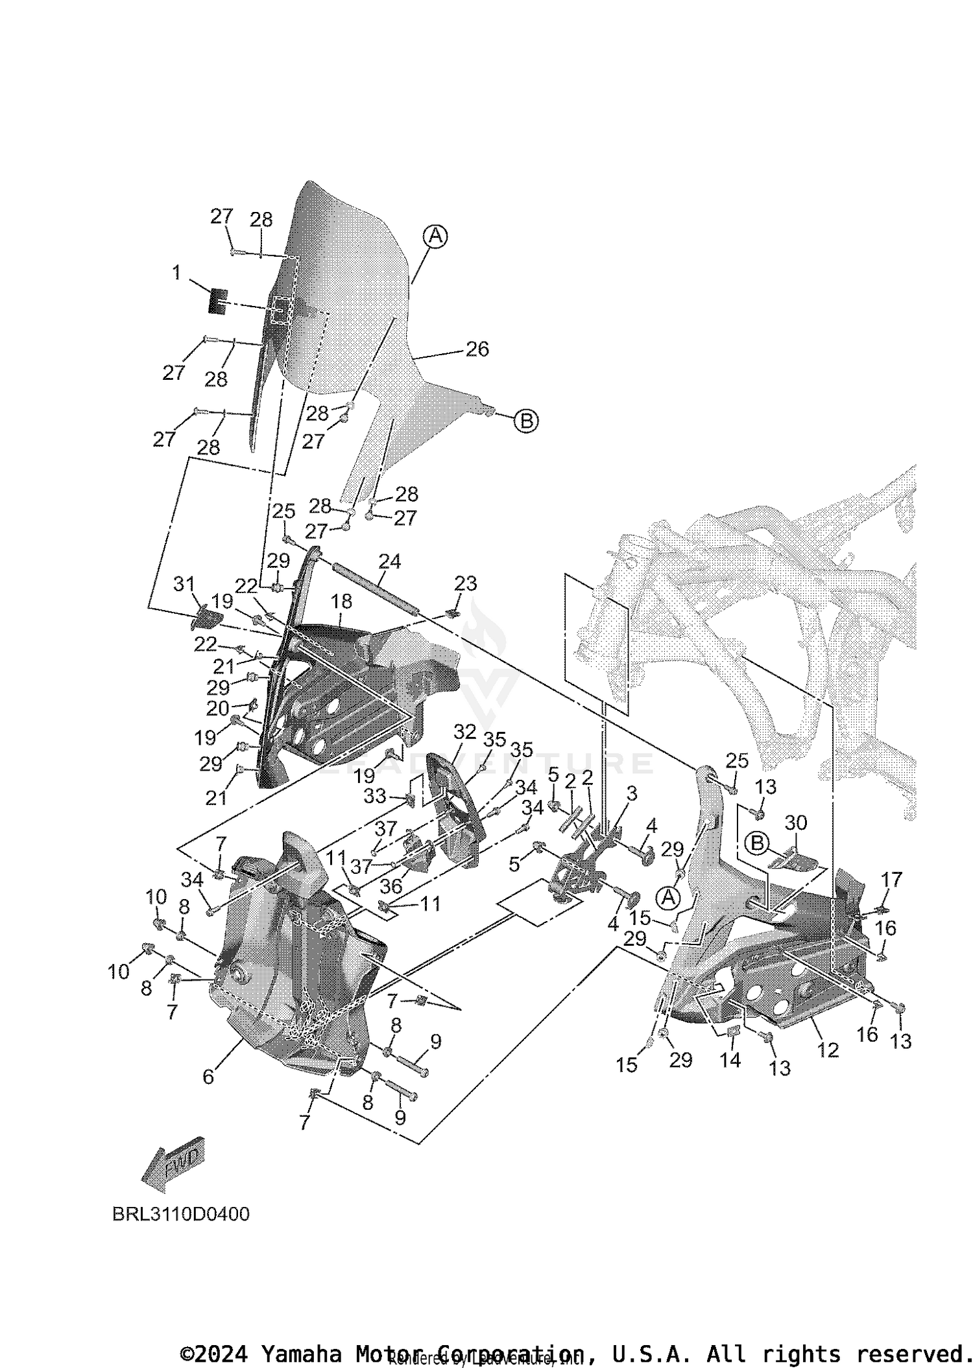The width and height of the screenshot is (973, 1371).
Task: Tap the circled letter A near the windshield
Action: pos(436,236)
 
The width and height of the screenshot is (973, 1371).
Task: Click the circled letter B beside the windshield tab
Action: pos(526,421)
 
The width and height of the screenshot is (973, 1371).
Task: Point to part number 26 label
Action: pos(477,349)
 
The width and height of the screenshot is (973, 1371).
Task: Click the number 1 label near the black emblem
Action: pos(176,273)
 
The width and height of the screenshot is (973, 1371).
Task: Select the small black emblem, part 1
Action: pos(218,301)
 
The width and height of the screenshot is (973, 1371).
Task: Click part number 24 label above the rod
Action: pos(390,561)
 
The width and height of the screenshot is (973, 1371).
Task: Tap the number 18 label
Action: pos(341,602)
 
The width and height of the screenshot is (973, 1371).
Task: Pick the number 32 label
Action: pos(464,732)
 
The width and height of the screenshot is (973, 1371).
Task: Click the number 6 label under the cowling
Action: pos(208,1076)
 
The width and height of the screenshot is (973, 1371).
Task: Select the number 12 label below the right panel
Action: pos(828,1050)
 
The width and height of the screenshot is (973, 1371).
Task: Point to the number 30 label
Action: pos(796,823)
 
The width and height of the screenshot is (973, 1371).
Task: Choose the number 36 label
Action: pos(391,886)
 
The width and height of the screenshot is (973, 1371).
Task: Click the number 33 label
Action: pos(375,795)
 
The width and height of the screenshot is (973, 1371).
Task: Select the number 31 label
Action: pos(184,584)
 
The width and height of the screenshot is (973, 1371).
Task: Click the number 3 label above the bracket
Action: pos(631,793)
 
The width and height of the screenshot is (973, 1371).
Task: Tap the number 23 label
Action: pos(466,583)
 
